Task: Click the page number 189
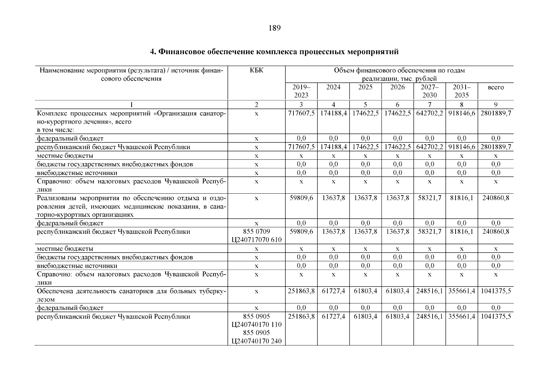[274, 28]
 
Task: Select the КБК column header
[257, 70]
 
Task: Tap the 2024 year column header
[333, 87]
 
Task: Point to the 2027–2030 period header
[429, 91]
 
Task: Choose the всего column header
[496, 87]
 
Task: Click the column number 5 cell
[365, 104]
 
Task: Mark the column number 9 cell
[496, 104]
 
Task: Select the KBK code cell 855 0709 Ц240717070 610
[257, 236]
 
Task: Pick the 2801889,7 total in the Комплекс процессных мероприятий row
[496, 113]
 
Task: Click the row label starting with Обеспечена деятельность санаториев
[131, 295]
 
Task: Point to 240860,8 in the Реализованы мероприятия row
[496, 198]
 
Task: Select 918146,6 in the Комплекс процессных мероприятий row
[462, 113]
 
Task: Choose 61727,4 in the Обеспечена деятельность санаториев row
[333, 291]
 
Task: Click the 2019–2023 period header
[301, 91]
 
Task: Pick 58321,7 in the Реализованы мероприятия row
[429, 198]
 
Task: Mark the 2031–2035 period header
[462, 91]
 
